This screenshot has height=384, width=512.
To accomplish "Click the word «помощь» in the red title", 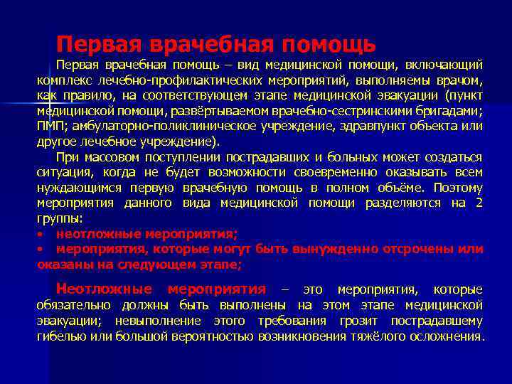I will coord(328,45).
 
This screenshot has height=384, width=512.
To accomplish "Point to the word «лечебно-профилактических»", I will coord(177,80).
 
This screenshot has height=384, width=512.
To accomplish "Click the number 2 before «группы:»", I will coord(479,203).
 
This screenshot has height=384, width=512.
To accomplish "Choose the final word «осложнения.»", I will coord(449,336).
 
